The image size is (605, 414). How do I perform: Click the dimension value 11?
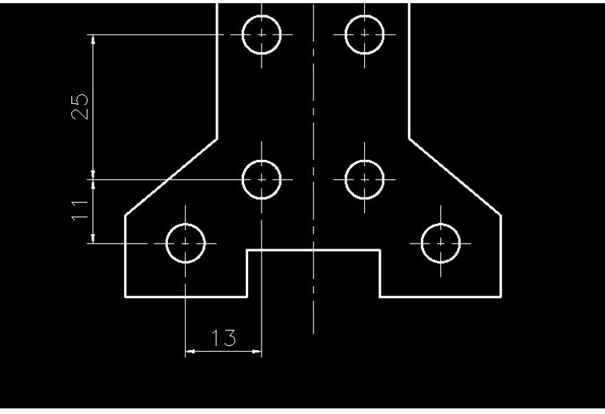point(79,210)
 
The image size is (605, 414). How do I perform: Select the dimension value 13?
point(225,338)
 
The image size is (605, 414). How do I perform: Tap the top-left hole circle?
point(262,34)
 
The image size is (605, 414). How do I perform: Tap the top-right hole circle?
point(364,34)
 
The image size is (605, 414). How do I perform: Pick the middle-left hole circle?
point(262,179)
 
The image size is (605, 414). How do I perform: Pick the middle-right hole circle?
point(364,179)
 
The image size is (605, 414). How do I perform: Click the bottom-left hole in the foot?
point(186,242)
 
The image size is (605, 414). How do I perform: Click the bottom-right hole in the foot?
point(440,242)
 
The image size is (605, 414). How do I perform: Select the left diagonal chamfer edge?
point(171,177)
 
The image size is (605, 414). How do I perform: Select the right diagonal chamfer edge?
point(455,177)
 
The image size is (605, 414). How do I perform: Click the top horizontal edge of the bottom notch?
point(313,250)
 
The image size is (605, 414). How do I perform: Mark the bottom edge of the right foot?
point(440,297)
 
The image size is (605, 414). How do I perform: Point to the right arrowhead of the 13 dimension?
point(258,352)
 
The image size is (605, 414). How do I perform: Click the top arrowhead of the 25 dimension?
point(94,39)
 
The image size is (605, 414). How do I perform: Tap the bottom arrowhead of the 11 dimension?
point(94,238)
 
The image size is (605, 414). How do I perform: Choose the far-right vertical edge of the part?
point(501,256)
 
